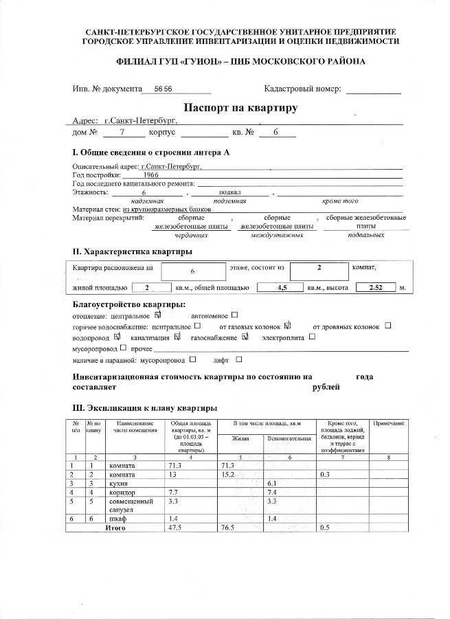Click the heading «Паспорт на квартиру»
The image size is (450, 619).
click(240, 108)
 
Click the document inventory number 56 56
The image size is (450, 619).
click(163, 90)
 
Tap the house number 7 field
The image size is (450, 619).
click(122, 132)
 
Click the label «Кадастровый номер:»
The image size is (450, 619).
click(302, 89)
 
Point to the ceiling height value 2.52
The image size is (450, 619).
click(376, 288)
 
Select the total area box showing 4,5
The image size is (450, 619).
click(280, 288)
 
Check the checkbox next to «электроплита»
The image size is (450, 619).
click(313, 337)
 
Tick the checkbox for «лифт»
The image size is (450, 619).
click(239, 359)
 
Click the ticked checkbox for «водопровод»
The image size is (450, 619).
click(117, 337)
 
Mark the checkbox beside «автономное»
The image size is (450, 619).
click(234, 315)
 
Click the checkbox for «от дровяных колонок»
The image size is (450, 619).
click(388, 326)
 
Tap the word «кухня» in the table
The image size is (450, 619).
click(120, 484)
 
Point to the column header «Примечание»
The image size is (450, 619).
click(389, 424)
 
